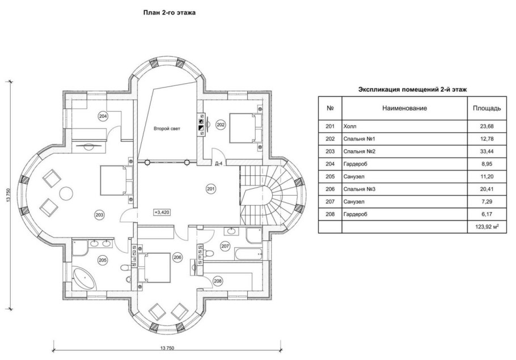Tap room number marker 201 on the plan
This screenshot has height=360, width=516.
[x=210, y=189]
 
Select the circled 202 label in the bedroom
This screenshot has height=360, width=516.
[x=221, y=125]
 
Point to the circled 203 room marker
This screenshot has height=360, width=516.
[x=99, y=215]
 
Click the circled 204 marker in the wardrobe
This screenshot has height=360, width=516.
[x=103, y=116]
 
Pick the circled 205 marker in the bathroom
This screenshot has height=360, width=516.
[x=103, y=260]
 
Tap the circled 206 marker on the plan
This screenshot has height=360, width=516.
[x=177, y=257]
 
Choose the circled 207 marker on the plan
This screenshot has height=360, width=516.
[x=225, y=247]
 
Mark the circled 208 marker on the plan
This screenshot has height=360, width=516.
[x=218, y=281]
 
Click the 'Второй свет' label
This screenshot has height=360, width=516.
[x=167, y=129]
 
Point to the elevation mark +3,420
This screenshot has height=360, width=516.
[x=162, y=212]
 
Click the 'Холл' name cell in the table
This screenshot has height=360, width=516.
[x=351, y=126]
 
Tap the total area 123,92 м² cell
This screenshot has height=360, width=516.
[x=479, y=227]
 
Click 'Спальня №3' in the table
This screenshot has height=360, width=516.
[x=359, y=189]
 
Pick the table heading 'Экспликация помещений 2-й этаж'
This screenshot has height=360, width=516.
[x=412, y=89]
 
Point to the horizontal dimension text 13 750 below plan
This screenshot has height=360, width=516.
[x=166, y=348]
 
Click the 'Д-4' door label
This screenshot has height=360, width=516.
[x=218, y=163]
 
